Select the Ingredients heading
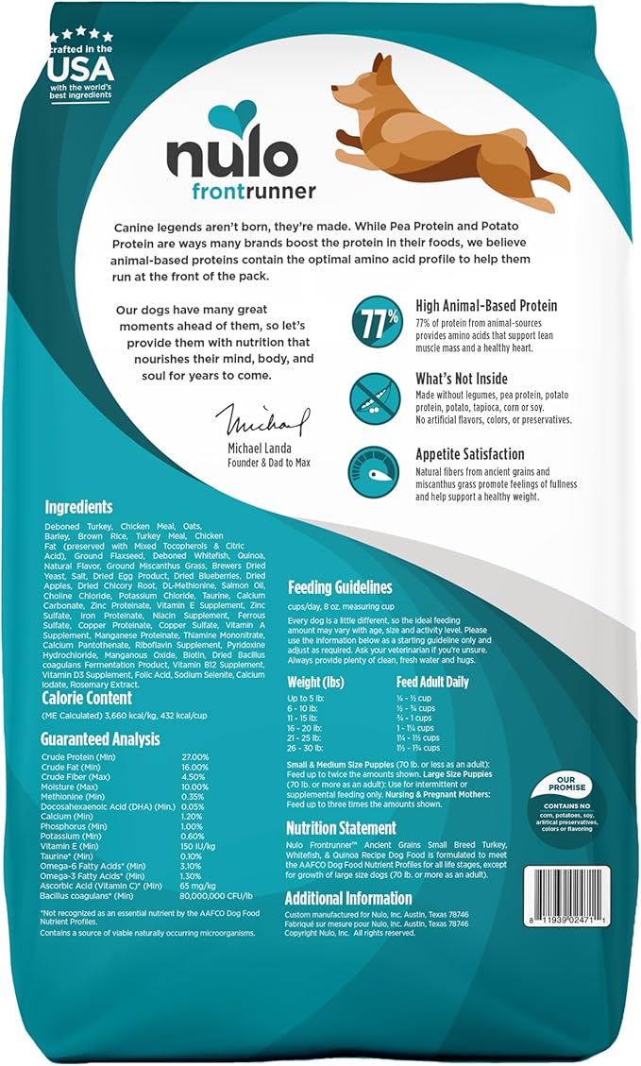click(x=78, y=507)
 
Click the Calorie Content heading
click(x=87, y=699)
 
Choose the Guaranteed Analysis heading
click(x=100, y=739)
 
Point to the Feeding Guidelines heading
click(x=340, y=587)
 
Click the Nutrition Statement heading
click(x=341, y=828)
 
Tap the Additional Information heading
click(x=348, y=898)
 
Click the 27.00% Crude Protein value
click(x=196, y=757)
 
